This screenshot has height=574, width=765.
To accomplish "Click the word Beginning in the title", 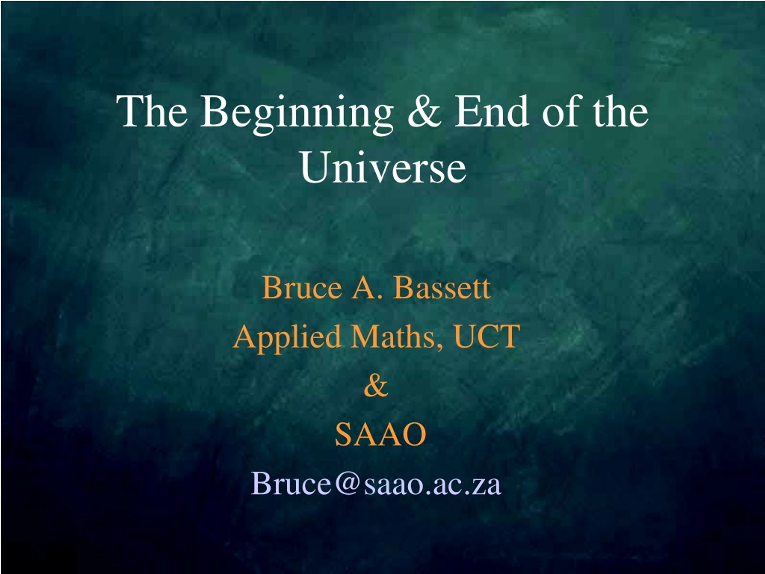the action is (x=297, y=114).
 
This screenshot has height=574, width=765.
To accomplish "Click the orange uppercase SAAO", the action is (x=380, y=435).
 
